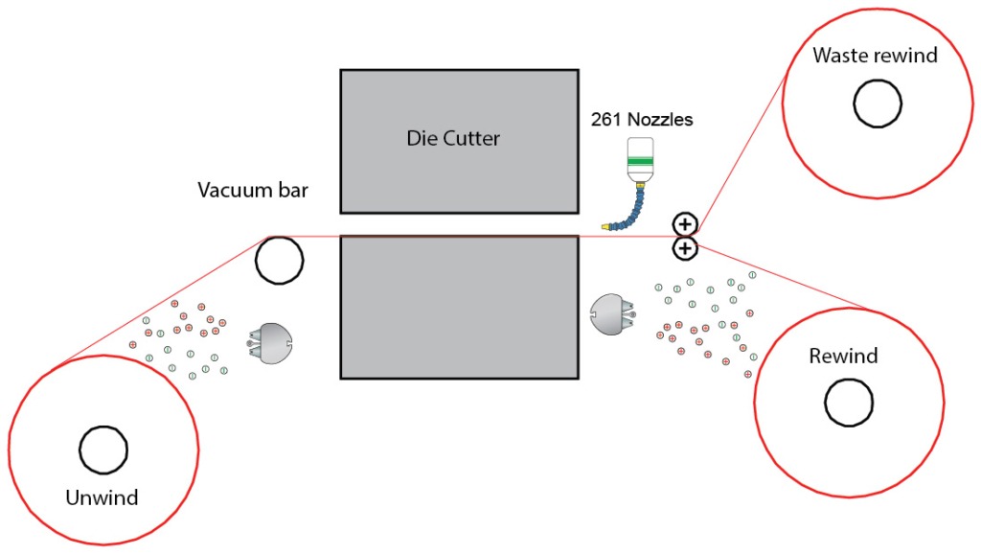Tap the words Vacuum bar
pyautogui.click(x=253, y=190)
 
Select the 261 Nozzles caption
pyautogui.click(x=641, y=121)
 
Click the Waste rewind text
pyautogui.click(x=875, y=55)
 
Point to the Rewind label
pyautogui.click(x=843, y=357)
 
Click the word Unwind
pyautogui.click(x=102, y=497)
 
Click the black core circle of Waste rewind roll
pyautogui.click(x=878, y=104)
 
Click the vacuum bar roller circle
pyautogui.click(x=279, y=260)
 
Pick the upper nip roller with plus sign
pyautogui.click(x=685, y=225)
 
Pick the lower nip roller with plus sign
pyautogui.click(x=685, y=249)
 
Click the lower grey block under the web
pyautogui.click(x=459, y=308)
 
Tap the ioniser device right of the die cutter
pyautogui.click(x=612, y=314)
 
